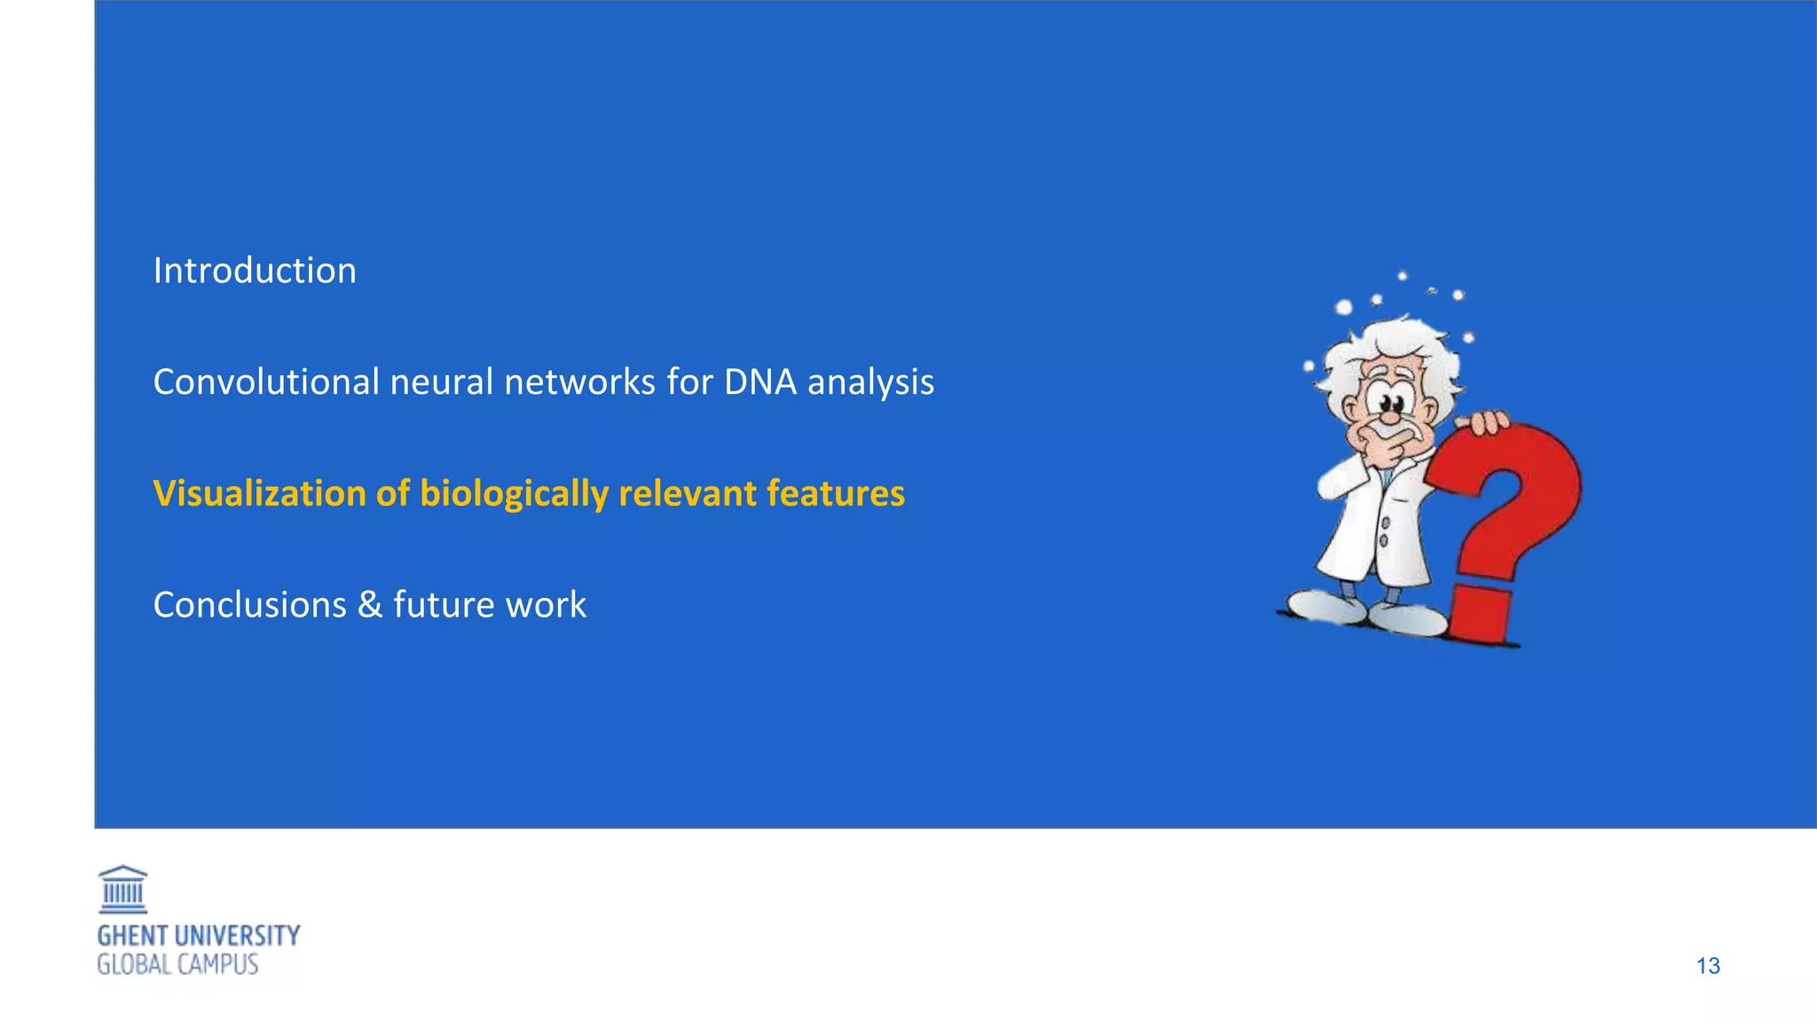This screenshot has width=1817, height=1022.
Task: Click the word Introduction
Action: tap(255, 271)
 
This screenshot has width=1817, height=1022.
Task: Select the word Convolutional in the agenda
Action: tap(265, 382)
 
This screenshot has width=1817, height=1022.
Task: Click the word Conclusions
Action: tap(249, 605)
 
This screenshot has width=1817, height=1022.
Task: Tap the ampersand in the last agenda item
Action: tap(370, 605)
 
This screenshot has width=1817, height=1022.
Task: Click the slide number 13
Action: tap(1708, 966)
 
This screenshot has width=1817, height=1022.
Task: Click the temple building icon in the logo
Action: tap(122, 890)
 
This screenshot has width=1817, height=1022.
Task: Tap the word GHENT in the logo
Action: tap(132, 936)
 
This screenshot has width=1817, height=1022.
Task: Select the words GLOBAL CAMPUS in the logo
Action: tap(177, 965)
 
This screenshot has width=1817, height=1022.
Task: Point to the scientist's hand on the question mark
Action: tap(1483, 422)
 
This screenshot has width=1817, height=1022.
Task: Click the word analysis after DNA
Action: tap(870, 382)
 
